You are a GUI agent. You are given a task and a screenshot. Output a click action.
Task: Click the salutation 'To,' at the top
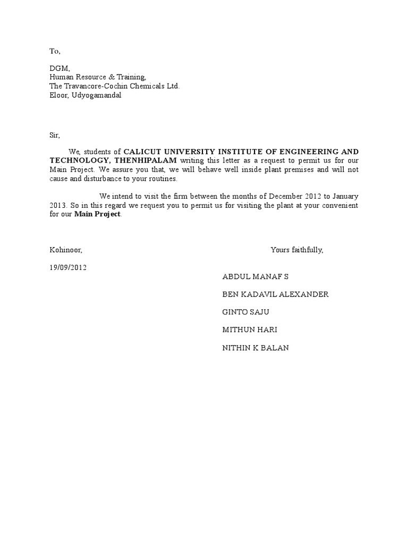(x=55, y=52)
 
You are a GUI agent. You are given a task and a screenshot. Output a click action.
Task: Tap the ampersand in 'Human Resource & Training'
(x=104, y=77)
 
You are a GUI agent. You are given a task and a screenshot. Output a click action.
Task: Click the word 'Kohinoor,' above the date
(x=66, y=250)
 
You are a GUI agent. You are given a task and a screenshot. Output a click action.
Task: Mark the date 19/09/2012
(x=68, y=267)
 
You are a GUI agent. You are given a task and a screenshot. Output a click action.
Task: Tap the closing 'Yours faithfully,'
(x=296, y=250)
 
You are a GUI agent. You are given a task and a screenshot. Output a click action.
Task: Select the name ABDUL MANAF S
(x=256, y=277)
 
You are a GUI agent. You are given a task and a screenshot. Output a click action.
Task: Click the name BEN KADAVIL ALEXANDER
(x=275, y=294)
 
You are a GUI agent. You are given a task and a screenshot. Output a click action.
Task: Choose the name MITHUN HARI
(x=250, y=330)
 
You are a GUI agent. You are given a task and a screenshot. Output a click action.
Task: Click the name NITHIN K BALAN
(x=256, y=348)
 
